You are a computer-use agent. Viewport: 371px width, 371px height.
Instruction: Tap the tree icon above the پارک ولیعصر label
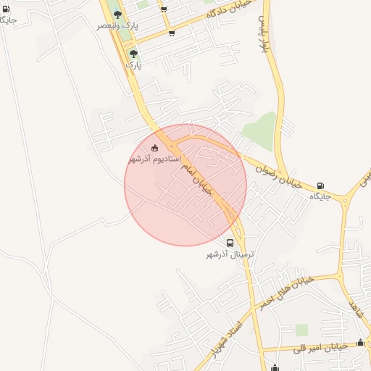tap(118, 14)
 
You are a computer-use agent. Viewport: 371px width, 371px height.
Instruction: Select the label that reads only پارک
tap(133, 64)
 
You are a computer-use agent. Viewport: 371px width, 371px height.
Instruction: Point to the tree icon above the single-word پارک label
tap(133, 54)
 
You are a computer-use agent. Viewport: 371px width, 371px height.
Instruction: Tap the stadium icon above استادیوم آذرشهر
tap(154, 148)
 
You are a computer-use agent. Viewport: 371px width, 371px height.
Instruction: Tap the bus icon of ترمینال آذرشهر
tap(230, 243)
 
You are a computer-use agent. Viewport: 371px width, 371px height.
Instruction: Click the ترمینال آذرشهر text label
tap(230, 254)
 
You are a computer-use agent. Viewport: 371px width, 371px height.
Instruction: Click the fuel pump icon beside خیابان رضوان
tap(320, 186)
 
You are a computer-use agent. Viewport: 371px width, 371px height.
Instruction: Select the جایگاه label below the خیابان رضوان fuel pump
tap(320, 197)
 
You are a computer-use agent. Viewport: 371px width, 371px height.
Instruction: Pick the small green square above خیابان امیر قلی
tap(301, 330)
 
